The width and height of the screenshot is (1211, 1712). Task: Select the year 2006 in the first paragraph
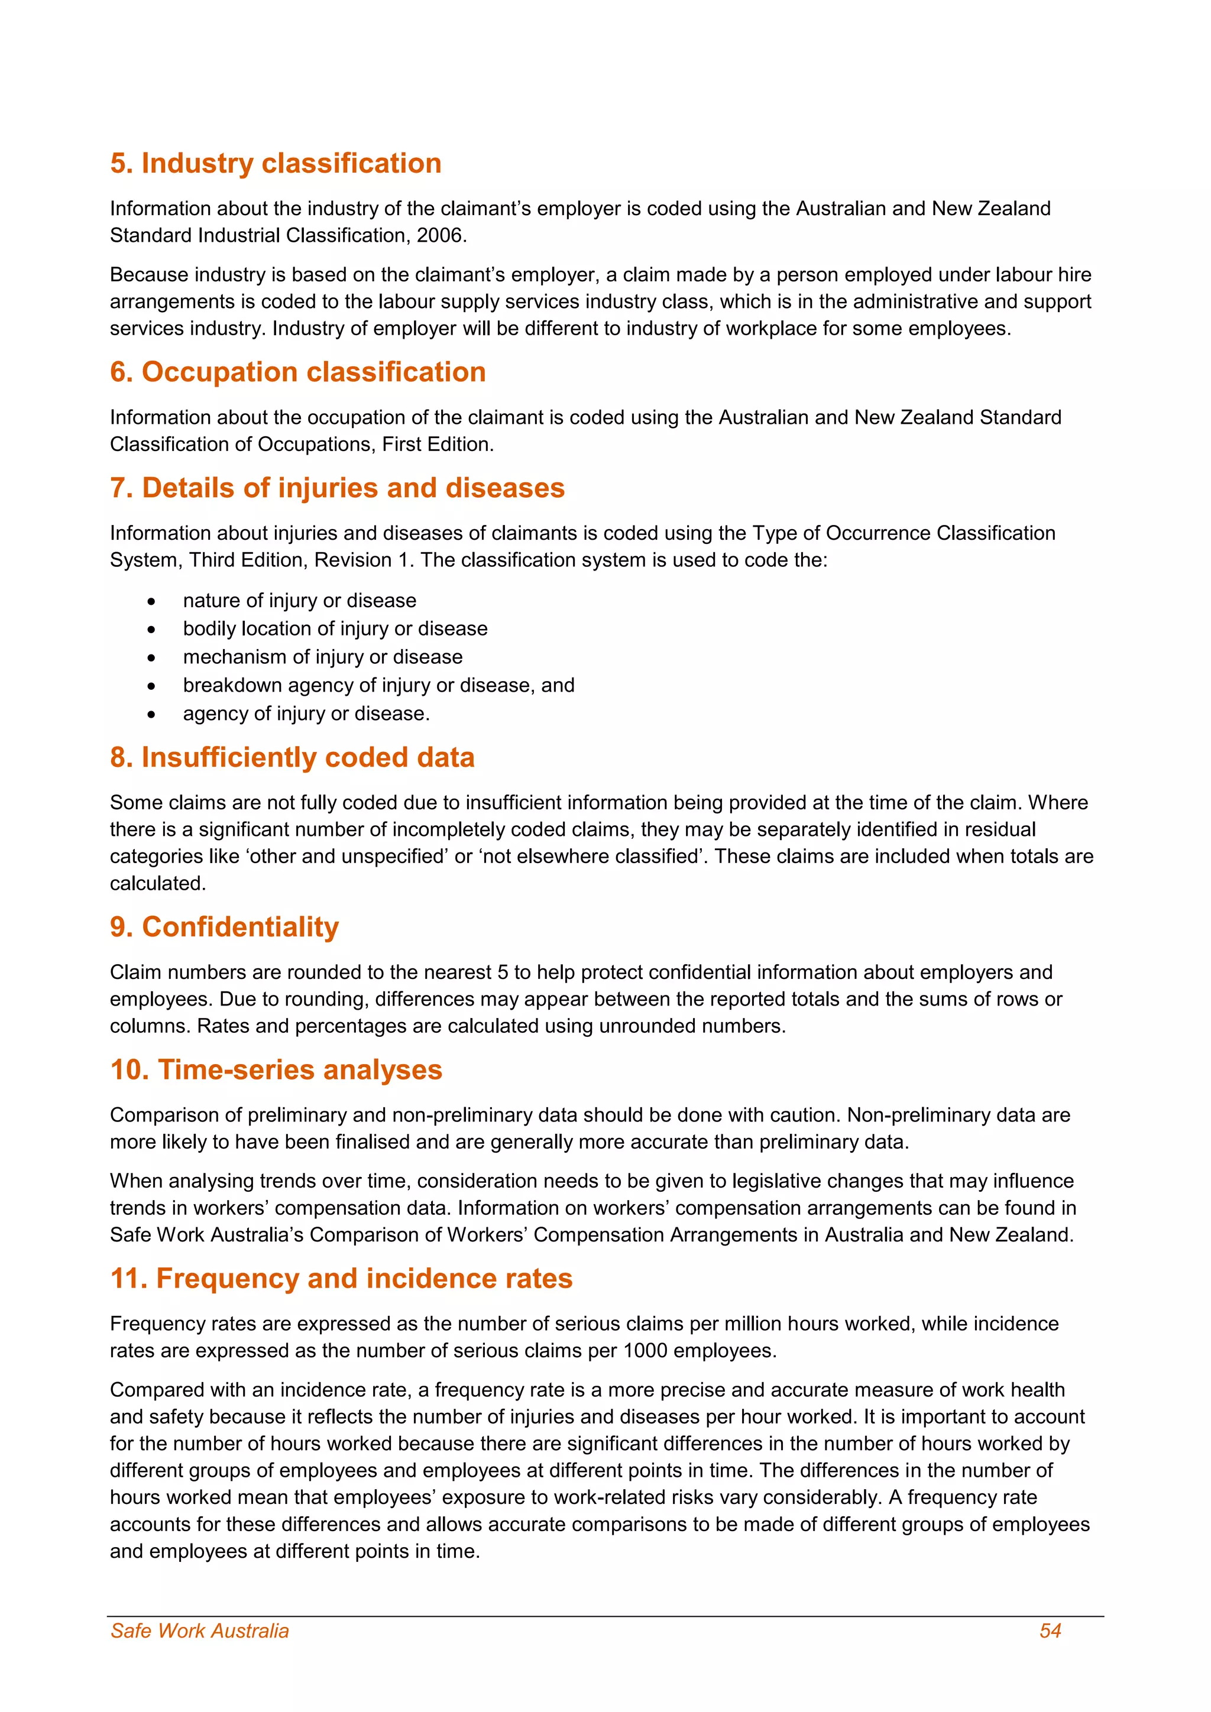pos(440,236)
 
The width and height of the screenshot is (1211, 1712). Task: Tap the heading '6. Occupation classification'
pos(297,372)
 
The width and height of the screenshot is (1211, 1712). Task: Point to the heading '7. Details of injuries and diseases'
pos(337,488)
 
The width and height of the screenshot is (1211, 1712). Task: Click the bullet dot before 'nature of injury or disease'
pos(151,601)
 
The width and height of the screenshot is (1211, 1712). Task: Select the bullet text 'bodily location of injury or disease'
pos(335,628)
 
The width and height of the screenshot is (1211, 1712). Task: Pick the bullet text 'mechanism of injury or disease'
pos(322,657)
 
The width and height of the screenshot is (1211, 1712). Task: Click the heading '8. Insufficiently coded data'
pos(292,758)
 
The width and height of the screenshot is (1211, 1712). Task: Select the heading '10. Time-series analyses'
pos(276,1070)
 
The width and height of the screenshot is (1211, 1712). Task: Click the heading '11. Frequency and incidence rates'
pos(341,1279)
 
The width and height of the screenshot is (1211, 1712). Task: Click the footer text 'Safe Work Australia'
pos(199,1632)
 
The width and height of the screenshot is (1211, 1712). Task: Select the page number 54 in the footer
pos(1050,1632)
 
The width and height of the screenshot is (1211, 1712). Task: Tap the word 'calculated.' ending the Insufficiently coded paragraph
pos(157,884)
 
